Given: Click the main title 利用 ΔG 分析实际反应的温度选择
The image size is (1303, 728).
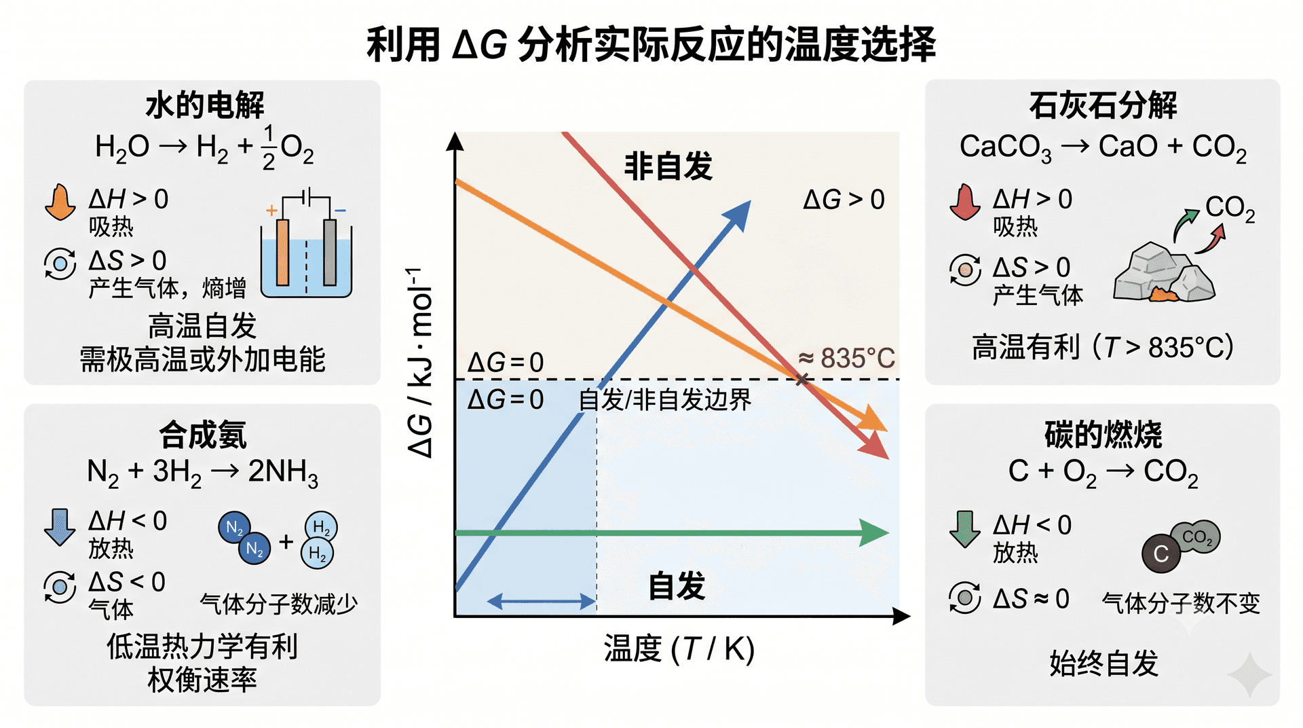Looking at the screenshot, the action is click(x=651, y=45).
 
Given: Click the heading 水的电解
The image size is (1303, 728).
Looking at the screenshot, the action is click(x=205, y=105).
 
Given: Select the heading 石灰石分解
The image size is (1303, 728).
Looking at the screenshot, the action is click(x=1103, y=105).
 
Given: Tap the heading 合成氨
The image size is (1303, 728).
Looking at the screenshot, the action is click(x=203, y=435).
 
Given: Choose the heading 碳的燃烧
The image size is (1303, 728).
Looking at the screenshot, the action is click(x=1103, y=435).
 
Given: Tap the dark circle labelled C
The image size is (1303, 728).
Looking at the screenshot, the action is click(x=1161, y=553).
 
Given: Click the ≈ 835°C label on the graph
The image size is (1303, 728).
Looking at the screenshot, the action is click(x=846, y=358).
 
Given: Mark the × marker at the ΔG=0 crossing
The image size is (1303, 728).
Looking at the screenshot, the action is click(x=802, y=380).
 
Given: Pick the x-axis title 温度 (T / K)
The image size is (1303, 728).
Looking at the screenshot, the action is click(x=679, y=649).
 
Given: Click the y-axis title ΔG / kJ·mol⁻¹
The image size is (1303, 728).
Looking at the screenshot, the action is click(x=420, y=363).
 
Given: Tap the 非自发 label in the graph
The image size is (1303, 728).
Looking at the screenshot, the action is click(x=668, y=166).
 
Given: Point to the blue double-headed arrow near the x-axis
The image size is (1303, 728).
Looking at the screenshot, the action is click(x=542, y=601).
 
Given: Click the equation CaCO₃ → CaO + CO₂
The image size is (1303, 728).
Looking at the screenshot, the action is click(x=1103, y=147).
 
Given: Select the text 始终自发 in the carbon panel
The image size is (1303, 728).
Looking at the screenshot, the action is click(x=1103, y=663).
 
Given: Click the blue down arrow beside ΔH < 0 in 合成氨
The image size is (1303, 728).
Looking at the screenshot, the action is click(x=60, y=527).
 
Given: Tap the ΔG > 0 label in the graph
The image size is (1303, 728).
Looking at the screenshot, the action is click(x=844, y=200).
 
